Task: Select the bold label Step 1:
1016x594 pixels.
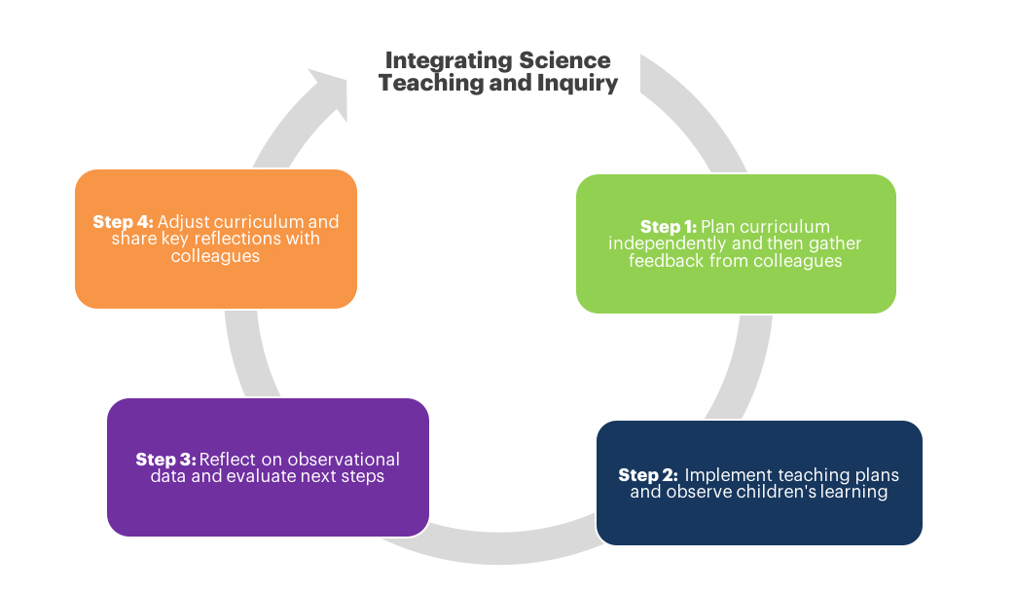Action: pos(669,227)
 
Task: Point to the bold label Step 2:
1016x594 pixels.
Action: pos(647,475)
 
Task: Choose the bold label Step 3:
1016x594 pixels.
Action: pos(165,460)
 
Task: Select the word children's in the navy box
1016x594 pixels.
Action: pos(789,492)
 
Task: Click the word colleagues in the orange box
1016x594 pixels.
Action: pos(215,255)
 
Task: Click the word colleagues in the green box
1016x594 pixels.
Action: pos(796,260)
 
